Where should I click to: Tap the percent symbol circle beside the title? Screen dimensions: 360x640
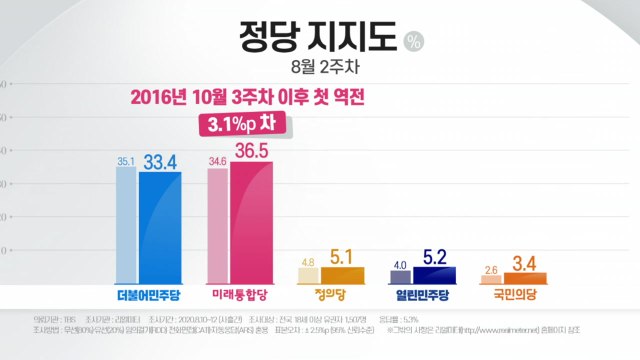[x=414, y=43]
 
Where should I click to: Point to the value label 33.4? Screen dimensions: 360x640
[x=161, y=159]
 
